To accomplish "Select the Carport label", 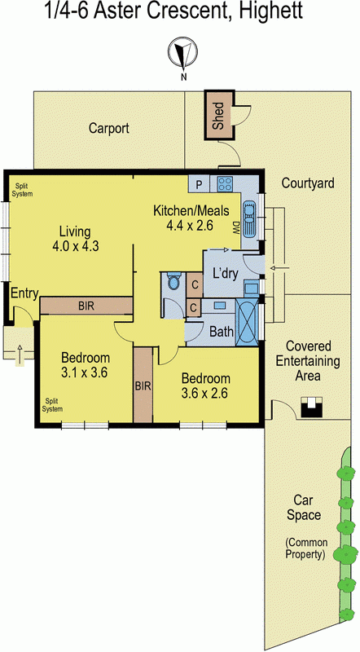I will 109,128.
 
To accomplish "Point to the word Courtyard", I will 308,183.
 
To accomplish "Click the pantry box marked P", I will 198,183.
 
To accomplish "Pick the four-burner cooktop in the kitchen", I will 225,183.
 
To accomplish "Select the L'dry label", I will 225,273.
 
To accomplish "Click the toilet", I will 173,283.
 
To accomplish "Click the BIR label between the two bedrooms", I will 143,385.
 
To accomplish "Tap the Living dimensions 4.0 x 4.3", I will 75,245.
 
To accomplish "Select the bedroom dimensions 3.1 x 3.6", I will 86,372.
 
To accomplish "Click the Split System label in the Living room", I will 22,190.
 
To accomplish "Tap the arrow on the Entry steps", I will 19,352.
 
